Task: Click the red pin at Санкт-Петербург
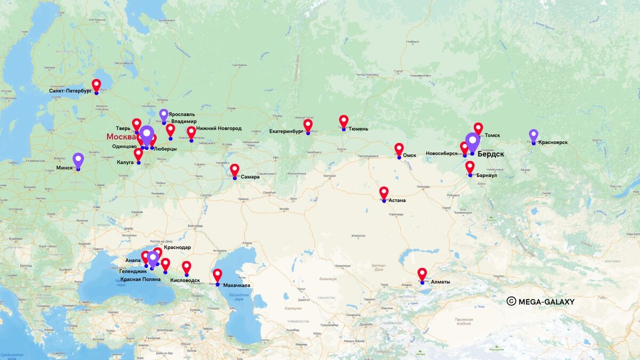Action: point(96,85)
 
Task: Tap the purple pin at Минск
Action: point(78,160)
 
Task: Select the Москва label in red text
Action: point(121,137)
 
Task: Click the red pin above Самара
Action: point(235,170)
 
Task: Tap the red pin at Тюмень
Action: point(343,122)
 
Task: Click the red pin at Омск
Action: point(399,149)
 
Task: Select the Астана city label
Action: point(397,201)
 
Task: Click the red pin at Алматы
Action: point(422,274)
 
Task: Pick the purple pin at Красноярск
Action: point(533,135)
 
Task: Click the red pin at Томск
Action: point(478,129)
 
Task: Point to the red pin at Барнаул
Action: point(470,167)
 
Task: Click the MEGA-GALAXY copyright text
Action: point(541,301)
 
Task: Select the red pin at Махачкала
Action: point(217,275)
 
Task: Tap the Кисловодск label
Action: point(185,280)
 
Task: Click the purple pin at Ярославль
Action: point(164,115)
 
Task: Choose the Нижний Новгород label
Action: point(219,129)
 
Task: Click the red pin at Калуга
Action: point(138,154)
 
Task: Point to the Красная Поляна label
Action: point(139,279)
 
